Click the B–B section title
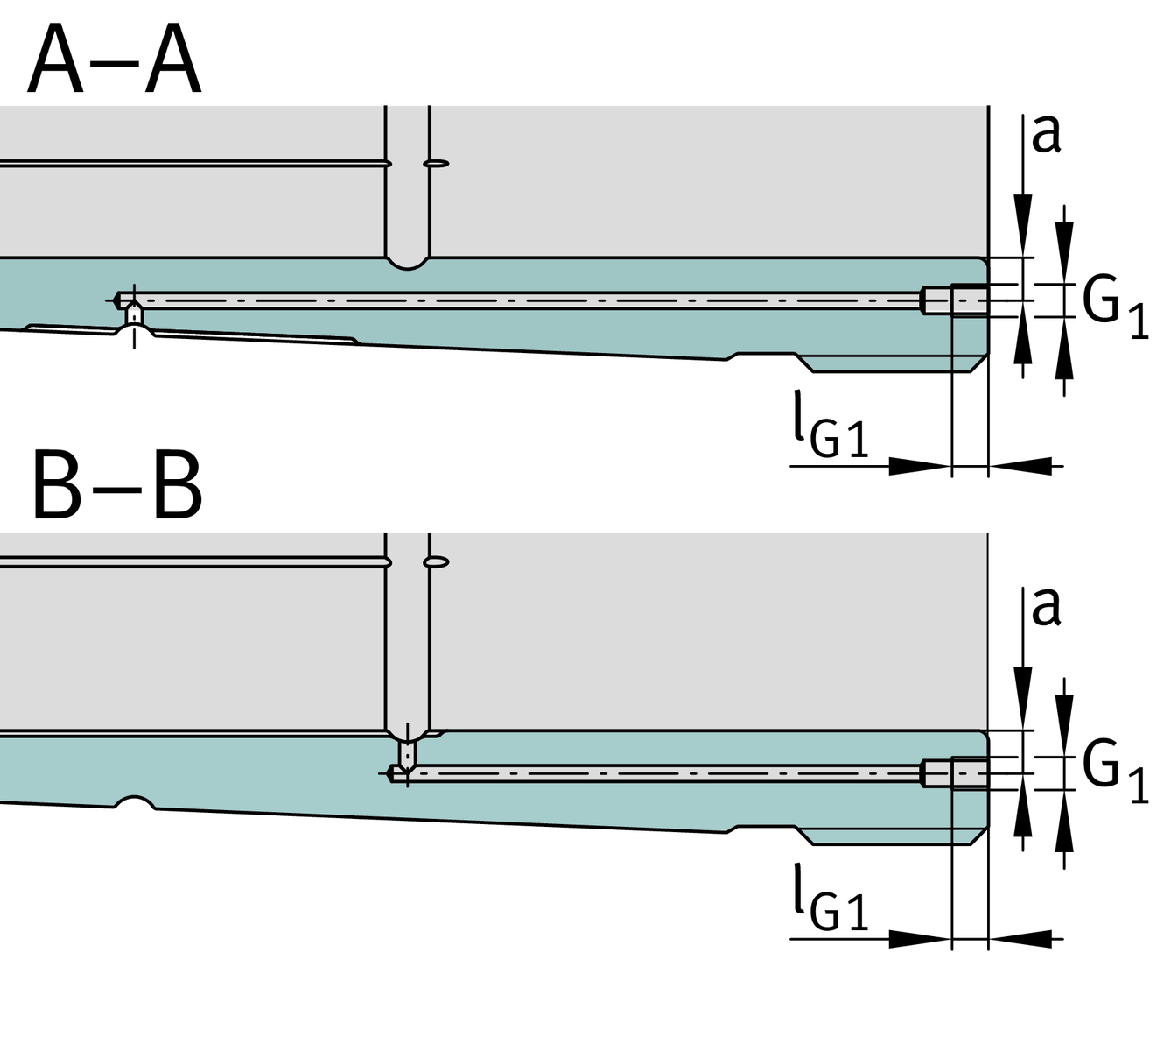pos(116,487)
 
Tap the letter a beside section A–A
pos(1046,133)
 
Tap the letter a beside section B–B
pos(1046,606)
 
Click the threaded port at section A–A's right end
pos(968,300)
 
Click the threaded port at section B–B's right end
pos(968,773)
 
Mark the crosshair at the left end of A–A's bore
pos(133,300)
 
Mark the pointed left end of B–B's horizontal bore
pos(390,773)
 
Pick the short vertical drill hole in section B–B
pos(407,752)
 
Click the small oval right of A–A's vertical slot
pos(437,163)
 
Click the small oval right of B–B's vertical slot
pos(437,561)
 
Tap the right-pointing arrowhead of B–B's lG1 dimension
pos(919,939)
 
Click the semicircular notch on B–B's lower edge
pos(135,802)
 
